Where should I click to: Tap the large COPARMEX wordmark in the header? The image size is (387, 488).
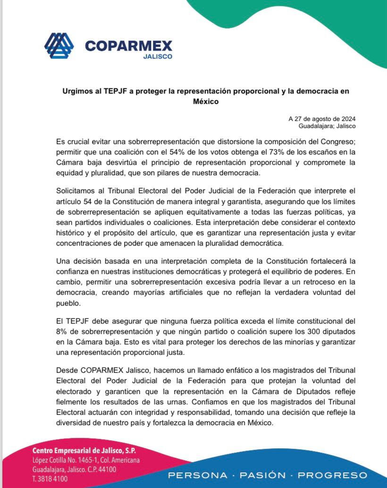click(x=129, y=46)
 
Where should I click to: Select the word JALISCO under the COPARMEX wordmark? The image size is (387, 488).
click(x=157, y=57)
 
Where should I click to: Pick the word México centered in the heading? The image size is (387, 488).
click(x=206, y=102)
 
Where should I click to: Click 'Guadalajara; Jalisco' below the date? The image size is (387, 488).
click(x=327, y=126)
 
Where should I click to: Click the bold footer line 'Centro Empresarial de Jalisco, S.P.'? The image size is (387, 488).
click(x=84, y=450)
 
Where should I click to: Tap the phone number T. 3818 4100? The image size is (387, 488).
click(x=50, y=479)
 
